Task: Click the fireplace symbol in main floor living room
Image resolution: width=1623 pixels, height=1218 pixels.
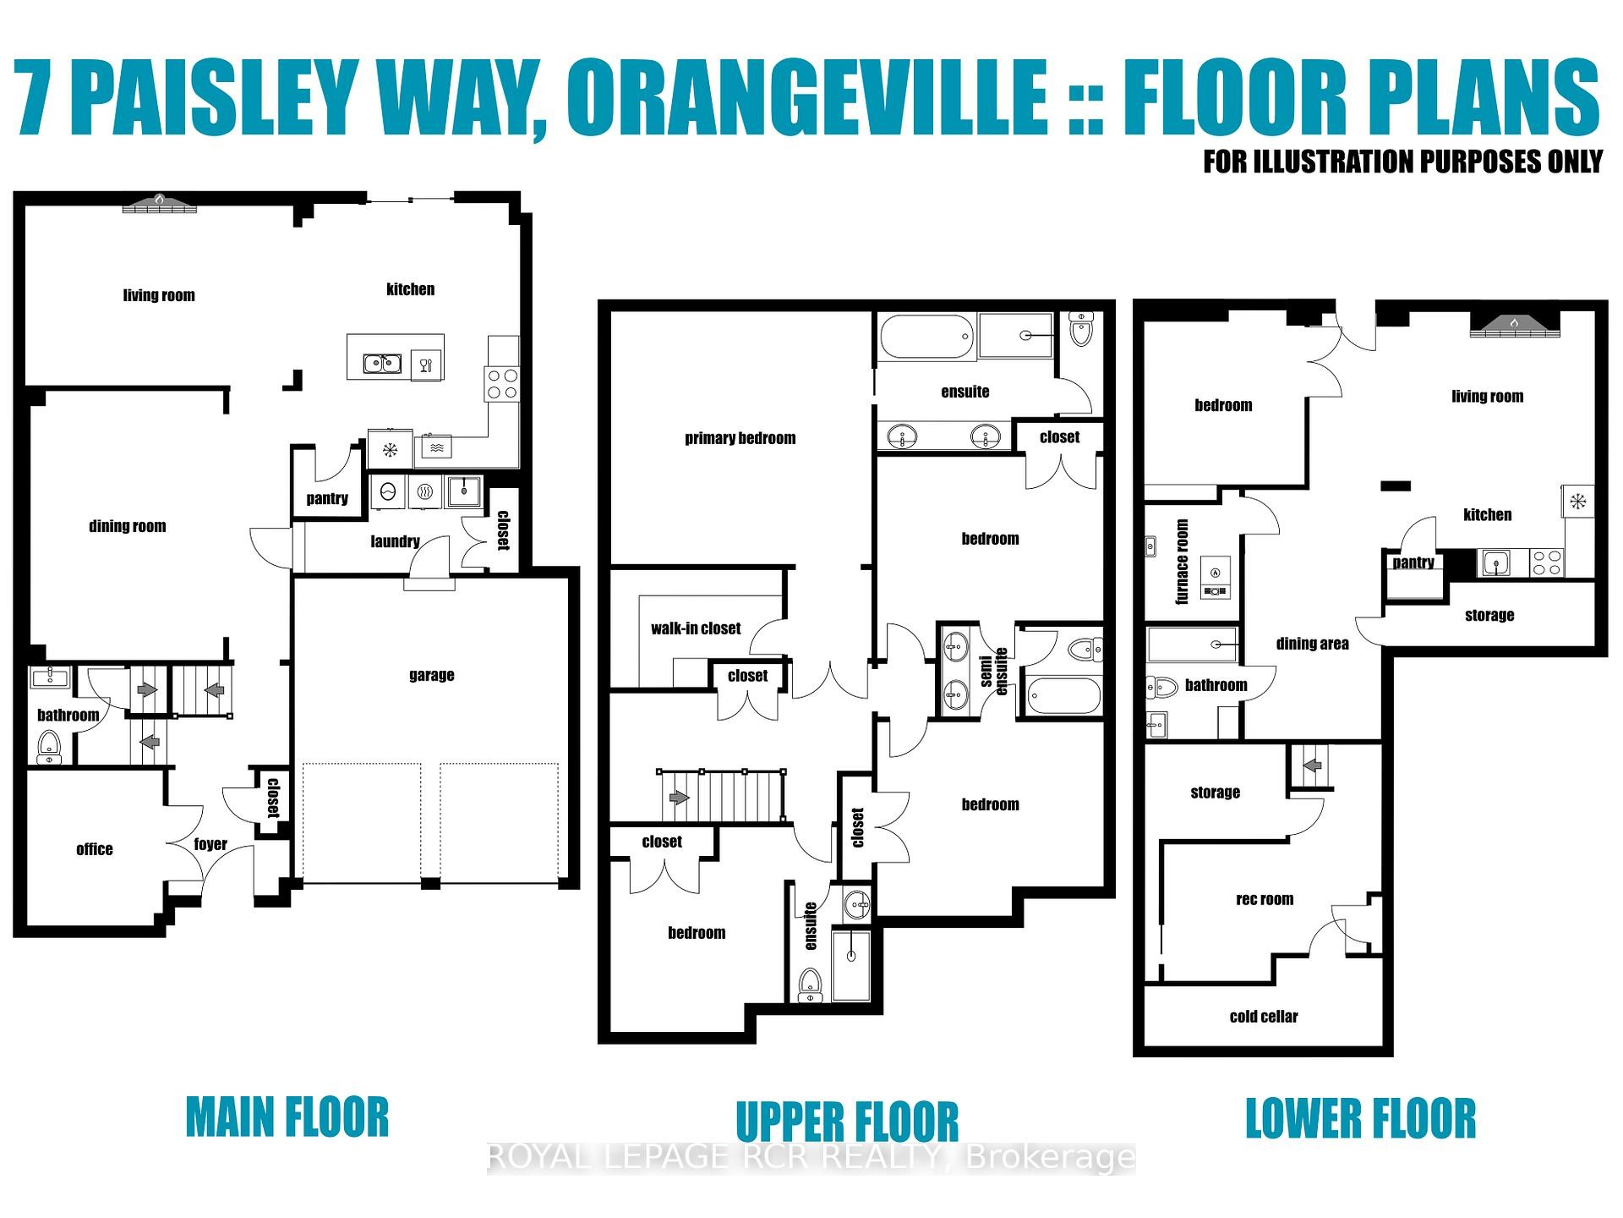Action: (160, 202)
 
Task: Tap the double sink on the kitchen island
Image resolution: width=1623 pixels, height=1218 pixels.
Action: (382, 364)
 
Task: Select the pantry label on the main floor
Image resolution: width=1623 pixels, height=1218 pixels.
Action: (327, 498)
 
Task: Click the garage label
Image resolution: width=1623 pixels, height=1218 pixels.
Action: (431, 674)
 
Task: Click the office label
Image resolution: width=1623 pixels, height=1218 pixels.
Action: (94, 849)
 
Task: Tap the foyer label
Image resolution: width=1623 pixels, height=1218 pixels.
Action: (210, 843)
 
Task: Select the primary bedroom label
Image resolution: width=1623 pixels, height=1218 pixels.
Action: (740, 438)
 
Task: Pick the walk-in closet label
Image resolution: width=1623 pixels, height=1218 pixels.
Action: (695, 628)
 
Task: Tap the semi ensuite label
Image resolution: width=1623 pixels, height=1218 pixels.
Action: (994, 672)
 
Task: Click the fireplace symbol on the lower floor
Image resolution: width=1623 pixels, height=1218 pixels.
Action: (1514, 323)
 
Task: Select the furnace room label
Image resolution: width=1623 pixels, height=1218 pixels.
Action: (1182, 562)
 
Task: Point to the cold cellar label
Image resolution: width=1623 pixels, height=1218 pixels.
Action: (1263, 1017)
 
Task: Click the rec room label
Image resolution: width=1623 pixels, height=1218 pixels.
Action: (1264, 899)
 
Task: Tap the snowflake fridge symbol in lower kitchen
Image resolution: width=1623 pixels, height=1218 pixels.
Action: (1577, 502)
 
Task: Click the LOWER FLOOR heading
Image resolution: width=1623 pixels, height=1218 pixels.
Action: (1360, 1118)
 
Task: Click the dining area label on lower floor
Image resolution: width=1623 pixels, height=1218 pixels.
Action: (1312, 644)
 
